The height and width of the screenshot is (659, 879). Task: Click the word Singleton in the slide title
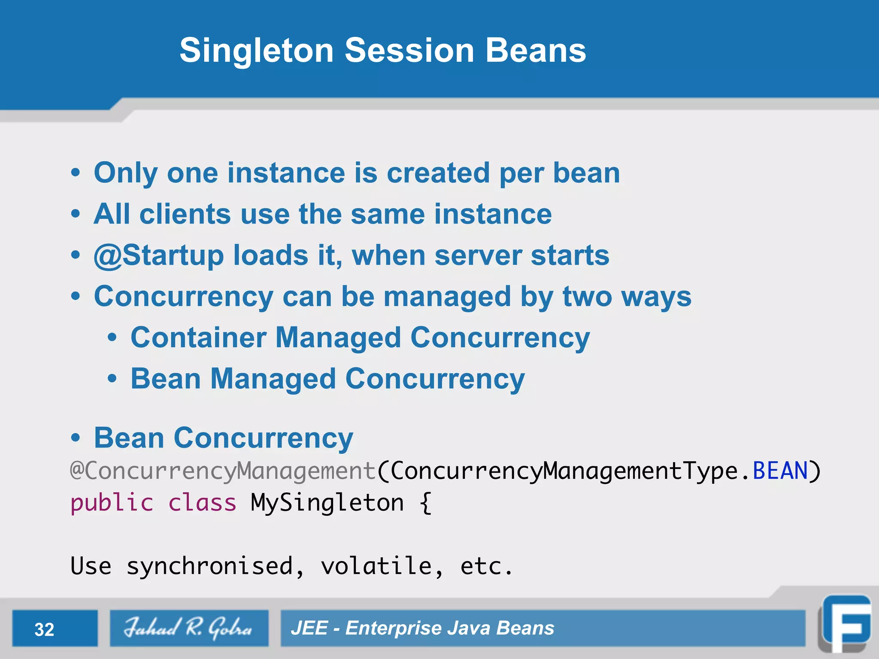256,51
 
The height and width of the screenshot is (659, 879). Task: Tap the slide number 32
44,629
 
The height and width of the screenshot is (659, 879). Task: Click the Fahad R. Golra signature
188,628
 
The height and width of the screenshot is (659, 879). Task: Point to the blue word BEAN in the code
780,471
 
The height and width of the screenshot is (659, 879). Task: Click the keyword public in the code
112,503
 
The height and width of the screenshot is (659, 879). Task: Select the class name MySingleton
327,503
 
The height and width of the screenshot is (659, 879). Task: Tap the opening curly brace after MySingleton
425,503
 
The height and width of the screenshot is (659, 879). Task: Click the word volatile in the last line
376,566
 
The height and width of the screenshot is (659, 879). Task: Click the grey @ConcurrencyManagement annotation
223,471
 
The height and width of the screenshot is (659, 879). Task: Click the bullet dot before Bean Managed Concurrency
112,379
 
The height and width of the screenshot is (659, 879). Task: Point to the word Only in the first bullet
126,173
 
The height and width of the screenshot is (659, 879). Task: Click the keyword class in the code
202,503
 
